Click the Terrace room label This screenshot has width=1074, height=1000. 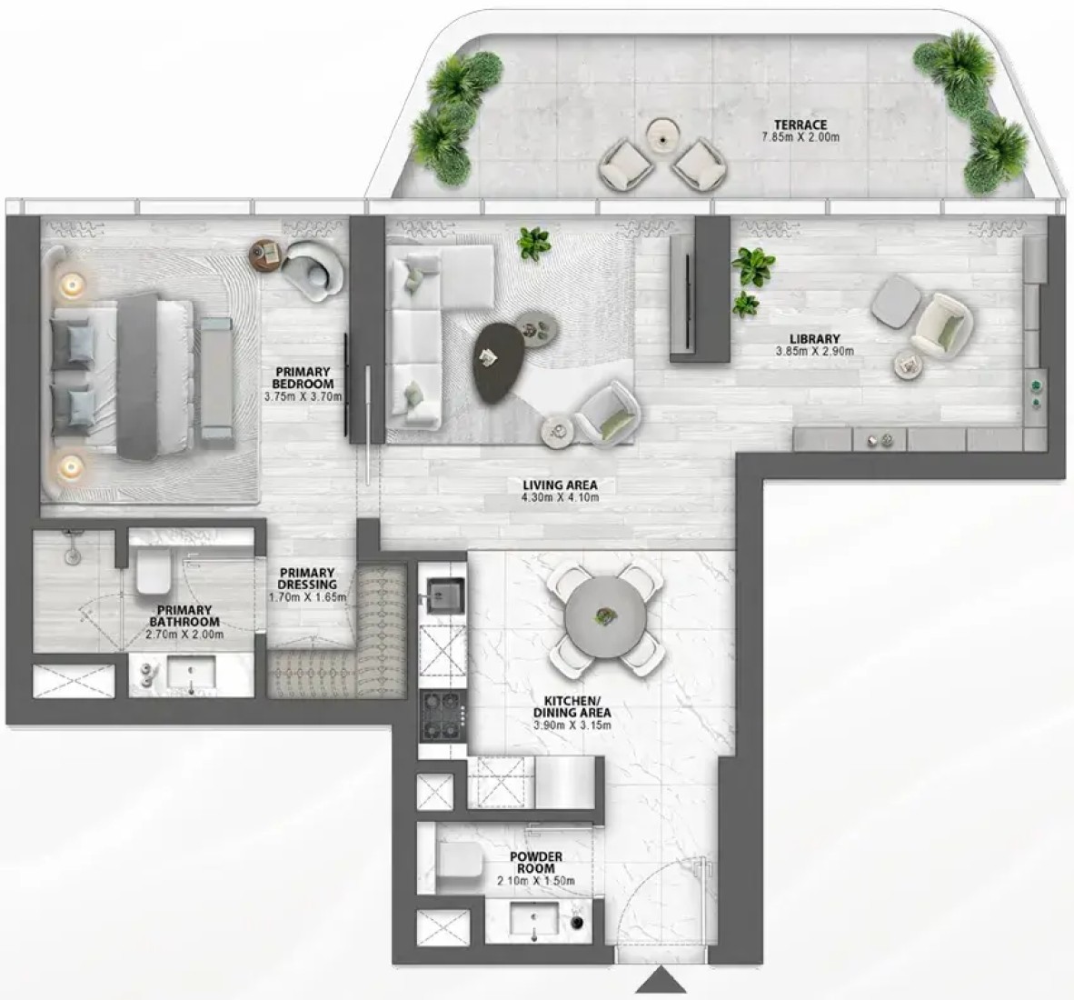[x=801, y=125]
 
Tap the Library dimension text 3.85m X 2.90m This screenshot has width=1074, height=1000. [x=815, y=351]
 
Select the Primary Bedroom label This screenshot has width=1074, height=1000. [x=303, y=377]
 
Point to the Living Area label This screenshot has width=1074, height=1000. [x=561, y=485]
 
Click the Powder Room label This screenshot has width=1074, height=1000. [x=536, y=862]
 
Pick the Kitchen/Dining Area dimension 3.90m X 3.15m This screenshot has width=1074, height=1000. [x=572, y=725]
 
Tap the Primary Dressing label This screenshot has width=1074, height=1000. [x=307, y=578]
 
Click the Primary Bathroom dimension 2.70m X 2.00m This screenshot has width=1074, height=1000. [x=185, y=634]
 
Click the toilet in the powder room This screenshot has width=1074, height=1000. [x=457, y=859]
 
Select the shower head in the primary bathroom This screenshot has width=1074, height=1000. [x=71, y=554]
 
